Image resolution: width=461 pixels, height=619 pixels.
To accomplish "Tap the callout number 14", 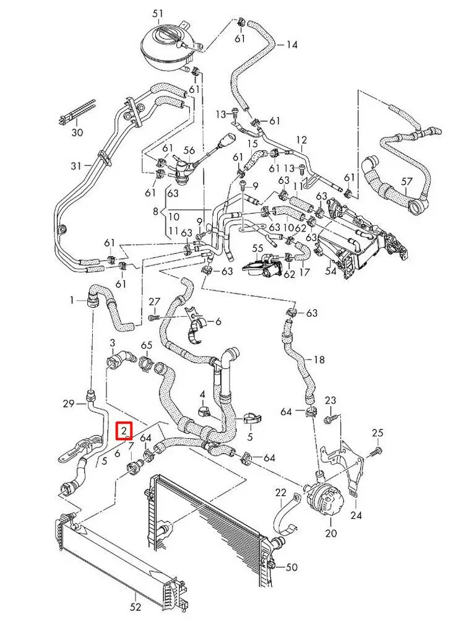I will coord(291,45).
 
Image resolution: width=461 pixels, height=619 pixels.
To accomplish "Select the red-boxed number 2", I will coord(124,430).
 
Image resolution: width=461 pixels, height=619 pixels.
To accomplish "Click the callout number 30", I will coord(77,132).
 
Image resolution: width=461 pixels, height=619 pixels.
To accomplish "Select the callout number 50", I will coord(292,566).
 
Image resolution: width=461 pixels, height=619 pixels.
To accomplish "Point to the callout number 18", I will coord(319,360).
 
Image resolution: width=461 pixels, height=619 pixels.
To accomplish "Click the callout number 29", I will coord(68,404).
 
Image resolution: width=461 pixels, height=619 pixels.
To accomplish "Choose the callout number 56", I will coord(189,150).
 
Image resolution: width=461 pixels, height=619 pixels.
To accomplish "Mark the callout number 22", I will coord(281,493).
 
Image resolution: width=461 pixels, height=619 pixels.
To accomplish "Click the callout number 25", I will coord(377,432).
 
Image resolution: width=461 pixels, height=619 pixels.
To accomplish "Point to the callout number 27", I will coord(154,301).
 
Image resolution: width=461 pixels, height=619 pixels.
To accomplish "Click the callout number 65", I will coord(147,345).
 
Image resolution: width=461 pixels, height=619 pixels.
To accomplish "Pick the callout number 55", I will coord(257,248).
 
